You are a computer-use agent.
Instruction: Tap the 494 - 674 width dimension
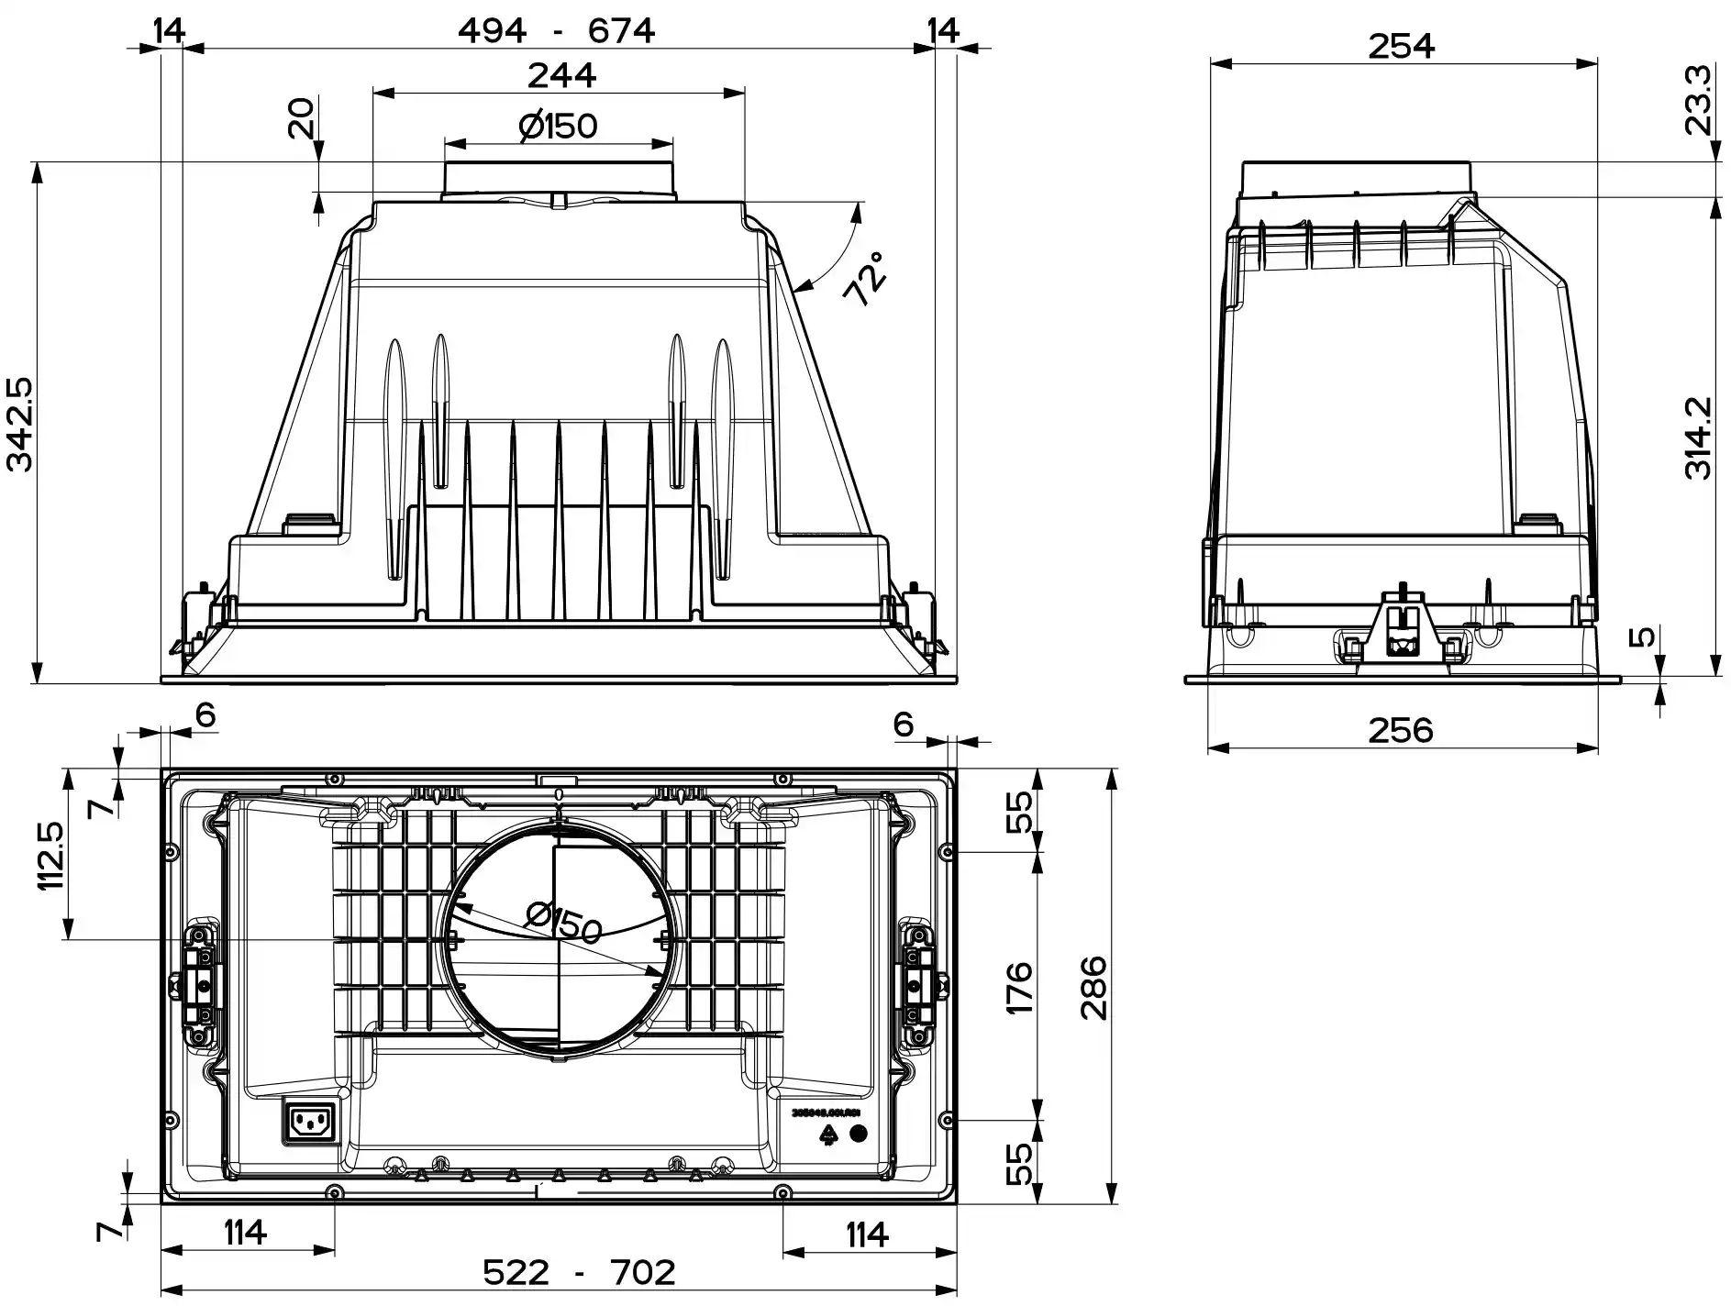pyautogui.click(x=556, y=31)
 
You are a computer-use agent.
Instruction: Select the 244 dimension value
pyautogui.click(x=561, y=74)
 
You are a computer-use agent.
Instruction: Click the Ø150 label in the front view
pyautogui.click(x=558, y=126)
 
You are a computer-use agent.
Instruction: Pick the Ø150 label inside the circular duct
pyautogui.click(x=564, y=922)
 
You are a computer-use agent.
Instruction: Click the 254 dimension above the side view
pyautogui.click(x=1401, y=46)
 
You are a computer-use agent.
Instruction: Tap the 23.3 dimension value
pyautogui.click(x=1700, y=100)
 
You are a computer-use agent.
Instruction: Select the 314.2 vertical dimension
pyautogui.click(x=1700, y=437)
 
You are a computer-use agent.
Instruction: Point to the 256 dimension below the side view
pyautogui.click(x=1400, y=730)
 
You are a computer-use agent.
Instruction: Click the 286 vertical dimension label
pyautogui.click(x=1093, y=988)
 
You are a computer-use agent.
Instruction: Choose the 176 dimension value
pyautogui.click(x=1019, y=988)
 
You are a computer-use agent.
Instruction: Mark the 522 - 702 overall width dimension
pyautogui.click(x=579, y=1272)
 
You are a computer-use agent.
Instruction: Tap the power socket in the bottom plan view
pyautogui.click(x=310, y=1122)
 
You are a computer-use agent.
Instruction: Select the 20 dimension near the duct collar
pyautogui.click(x=301, y=117)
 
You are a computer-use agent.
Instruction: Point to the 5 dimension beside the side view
pyautogui.click(x=1647, y=636)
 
